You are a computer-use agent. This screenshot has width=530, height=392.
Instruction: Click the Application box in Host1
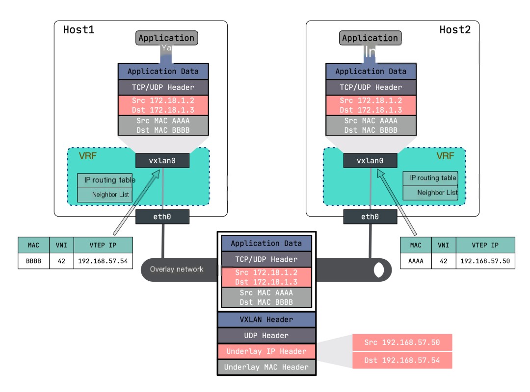click(x=166, y=38)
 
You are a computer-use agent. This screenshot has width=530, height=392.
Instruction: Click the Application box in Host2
click(x=370, y=38)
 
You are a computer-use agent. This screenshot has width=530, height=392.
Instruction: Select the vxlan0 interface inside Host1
click(x=162, y=161)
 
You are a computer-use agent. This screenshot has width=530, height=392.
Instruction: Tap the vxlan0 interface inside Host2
click(x=370, y=161)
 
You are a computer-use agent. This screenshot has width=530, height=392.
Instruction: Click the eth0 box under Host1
click(x=162, y=217)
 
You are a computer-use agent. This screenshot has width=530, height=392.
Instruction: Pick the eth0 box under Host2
click(x=370, y=217)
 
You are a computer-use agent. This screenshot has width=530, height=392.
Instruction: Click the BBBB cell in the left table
click(x=33, y=261)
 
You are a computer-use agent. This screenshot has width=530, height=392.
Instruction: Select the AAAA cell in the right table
click(x=416, y=261)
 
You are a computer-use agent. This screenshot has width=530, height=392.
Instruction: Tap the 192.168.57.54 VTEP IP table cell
click(x=103, y=261)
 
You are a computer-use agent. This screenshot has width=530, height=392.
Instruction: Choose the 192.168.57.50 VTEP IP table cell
click(x=485, y=261)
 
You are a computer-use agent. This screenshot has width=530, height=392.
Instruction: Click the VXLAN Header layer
click(x=266, y=319)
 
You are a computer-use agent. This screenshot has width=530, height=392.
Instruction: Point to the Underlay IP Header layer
click(x=266, y=351)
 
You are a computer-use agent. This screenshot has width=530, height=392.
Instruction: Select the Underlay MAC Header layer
click(x=266, y=367)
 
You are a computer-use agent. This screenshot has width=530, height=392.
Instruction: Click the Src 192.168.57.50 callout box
click(x=402, y=342)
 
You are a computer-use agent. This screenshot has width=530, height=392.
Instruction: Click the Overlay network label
click(x=177, y=269)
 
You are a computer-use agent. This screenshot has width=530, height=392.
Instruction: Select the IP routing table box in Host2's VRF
click(x=430, y=178)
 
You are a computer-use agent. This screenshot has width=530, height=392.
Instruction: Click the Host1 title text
click(x=79, y=30)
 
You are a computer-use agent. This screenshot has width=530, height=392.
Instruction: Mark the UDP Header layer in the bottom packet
click(x=266, y=336)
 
